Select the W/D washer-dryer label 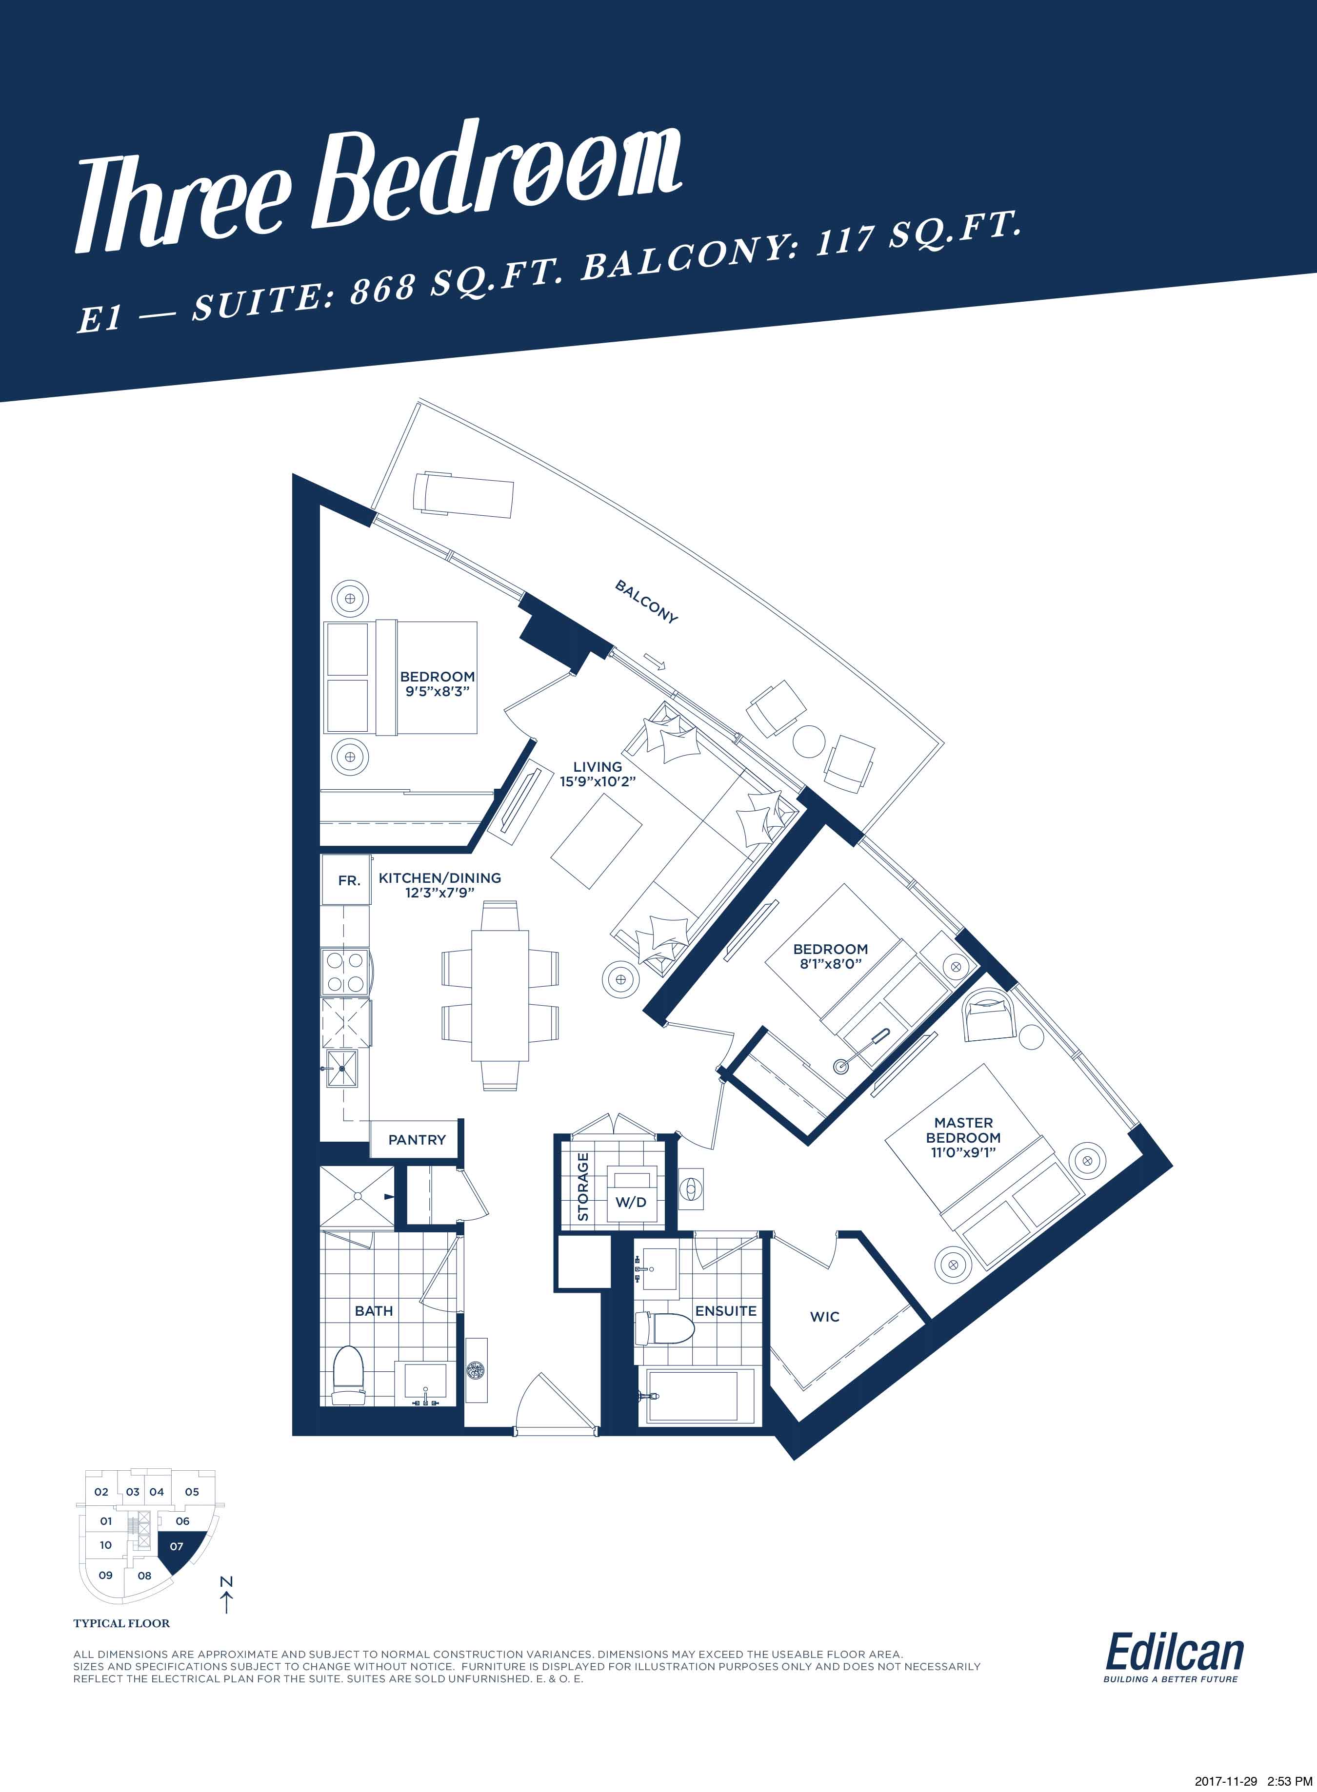[631, 1202]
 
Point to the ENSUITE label [725, 1311]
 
